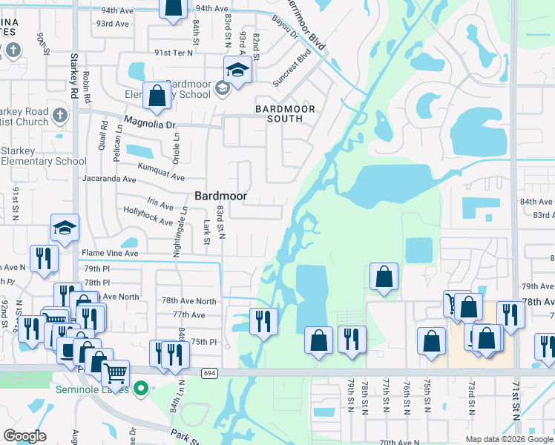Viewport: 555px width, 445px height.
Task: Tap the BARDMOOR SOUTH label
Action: click(x=285, y=113)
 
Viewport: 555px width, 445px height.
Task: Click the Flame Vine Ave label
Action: click(x=110, y=253)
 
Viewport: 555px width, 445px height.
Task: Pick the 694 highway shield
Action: click(x=211, y=373)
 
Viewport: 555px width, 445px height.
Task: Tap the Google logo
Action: click(x=25, y=437)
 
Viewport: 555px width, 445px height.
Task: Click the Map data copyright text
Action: click(x=508, y=439)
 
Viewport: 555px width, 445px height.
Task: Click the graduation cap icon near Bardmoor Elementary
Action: click(x=237, y=70)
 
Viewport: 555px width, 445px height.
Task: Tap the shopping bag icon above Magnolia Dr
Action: click(x=157, y=96)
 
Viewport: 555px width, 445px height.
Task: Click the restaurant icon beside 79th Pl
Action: click(x=44, y=258)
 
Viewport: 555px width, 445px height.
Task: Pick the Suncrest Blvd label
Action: click(x=292, y=69)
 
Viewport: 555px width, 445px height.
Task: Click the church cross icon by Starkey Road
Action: click(x=61, y=116)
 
